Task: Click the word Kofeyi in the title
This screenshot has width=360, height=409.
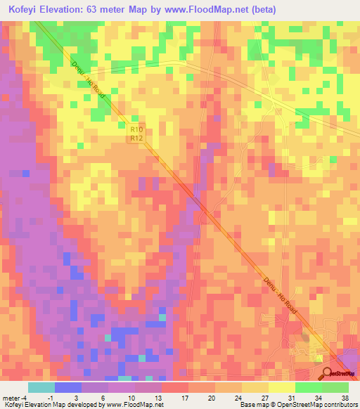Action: tap(26, 10)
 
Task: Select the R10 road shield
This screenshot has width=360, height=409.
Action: tap(136, 129)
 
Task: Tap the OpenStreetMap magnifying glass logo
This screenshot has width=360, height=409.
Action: tap(328, 372)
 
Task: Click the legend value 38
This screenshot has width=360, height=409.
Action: tap(345, 397)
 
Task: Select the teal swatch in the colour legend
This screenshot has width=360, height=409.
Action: tap(41, 387)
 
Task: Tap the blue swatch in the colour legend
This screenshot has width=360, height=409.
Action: tap(67, 387)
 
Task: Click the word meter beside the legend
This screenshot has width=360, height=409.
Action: tap(11, 397)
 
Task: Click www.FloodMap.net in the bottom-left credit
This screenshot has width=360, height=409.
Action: tap(133, 405)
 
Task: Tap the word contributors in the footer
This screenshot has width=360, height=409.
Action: tap(340, 405)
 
